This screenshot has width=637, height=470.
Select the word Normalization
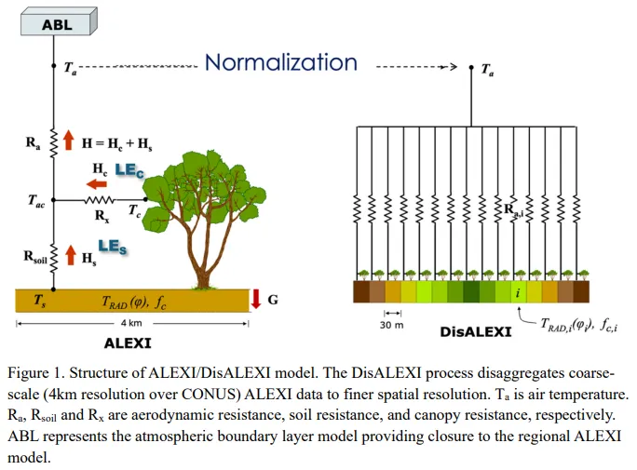pyautogui.click(x=280, y=62)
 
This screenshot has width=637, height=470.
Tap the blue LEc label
pyautogui.click(x=126, y=170)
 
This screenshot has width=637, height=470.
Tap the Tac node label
pyautogui.click(x=35, y=201)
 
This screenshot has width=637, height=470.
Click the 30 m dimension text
pyautogui.click(x=392, y=326)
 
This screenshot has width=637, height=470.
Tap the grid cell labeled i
pyautogui.click(x=517, y=292)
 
